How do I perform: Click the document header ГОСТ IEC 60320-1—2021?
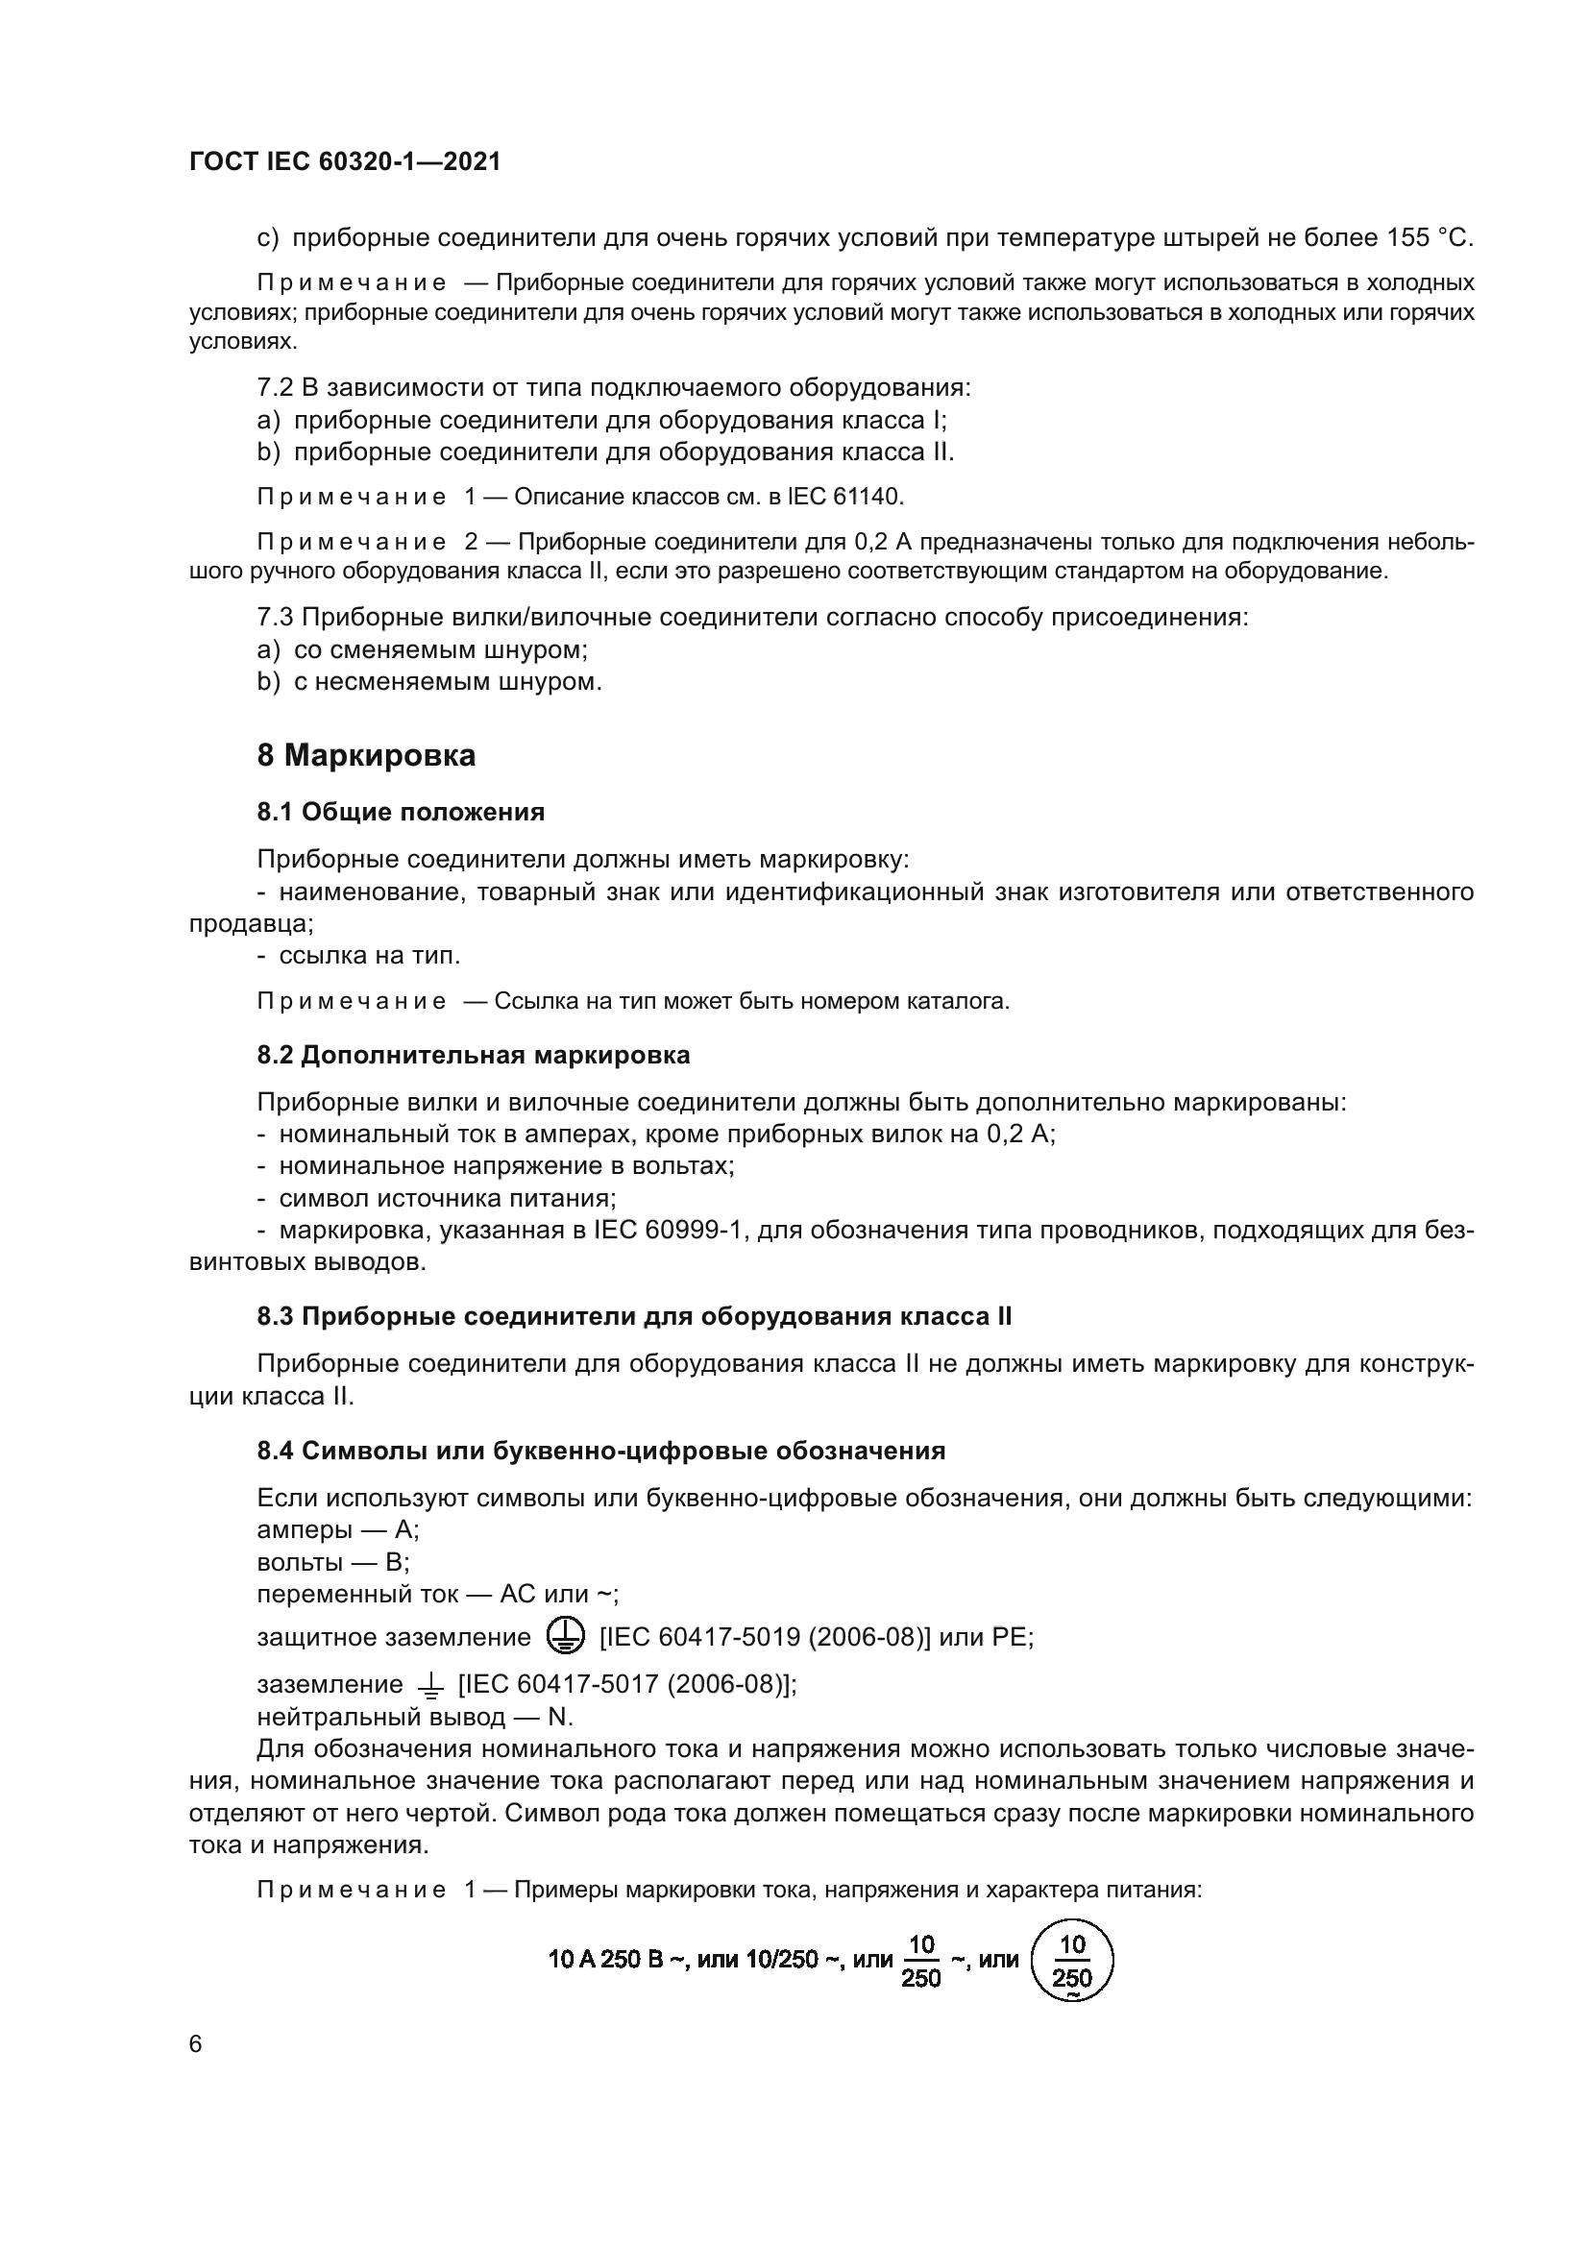click(345, 162)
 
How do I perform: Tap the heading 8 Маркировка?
click(366, 755)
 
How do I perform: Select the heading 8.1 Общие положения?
click(401, 812)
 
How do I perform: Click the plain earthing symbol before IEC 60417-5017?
click(429, 1684)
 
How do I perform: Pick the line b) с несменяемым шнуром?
click(429, 681)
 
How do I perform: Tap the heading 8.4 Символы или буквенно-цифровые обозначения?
click(600, 1452)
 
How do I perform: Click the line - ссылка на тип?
click(359, 955)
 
